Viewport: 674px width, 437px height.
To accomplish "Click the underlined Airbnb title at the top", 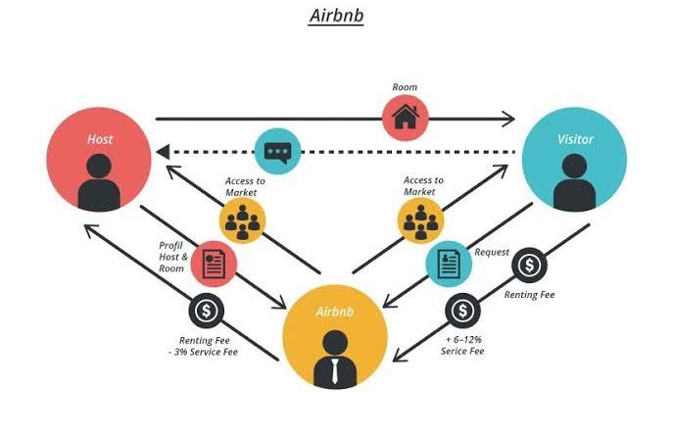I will (336, 17).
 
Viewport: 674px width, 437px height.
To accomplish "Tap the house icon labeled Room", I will (405, 118).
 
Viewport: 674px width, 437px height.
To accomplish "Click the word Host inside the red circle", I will (99, 139).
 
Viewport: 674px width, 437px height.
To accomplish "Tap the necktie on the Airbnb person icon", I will (335, 371).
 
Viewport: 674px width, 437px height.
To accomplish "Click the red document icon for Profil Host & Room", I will (215, 262).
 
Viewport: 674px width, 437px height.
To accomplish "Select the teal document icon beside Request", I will (448, 262).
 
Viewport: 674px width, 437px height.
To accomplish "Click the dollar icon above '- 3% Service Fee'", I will (206, 312).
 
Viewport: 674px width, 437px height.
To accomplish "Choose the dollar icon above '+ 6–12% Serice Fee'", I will (462, 312).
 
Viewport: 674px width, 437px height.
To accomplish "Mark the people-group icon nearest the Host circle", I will (242, 220).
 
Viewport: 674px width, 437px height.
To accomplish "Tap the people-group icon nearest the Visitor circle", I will (422, 220).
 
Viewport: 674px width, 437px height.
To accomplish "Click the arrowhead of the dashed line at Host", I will (164, 152).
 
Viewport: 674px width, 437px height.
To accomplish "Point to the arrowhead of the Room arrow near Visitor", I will (507, 119).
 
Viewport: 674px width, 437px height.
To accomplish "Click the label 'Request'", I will (492, 253).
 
